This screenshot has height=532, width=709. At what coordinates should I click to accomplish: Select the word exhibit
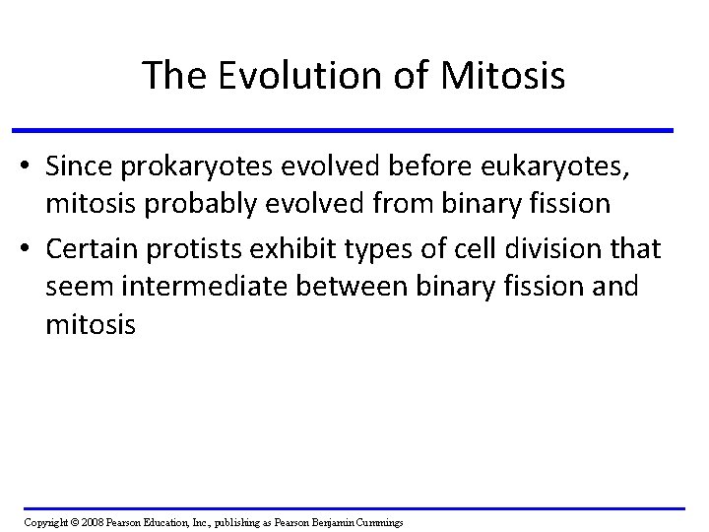tap(283, 252)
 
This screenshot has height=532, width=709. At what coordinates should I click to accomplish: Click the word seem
tap(74, 287)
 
